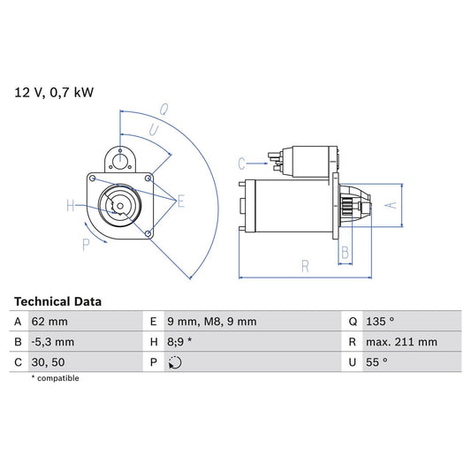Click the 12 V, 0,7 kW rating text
pos(53,91)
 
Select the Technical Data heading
pos(58,301)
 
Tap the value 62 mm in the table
pos(50,322)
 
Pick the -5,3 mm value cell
pos(54,342)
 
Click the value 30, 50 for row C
pos(49,362)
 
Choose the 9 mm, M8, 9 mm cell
pos(212,322)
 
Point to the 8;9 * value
pos(181,342)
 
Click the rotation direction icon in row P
pos(175,362)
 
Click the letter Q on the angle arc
pos(164,110)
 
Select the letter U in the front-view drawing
pos(155,129)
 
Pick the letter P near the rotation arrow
pos(86,244)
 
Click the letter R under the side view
pos(303,264)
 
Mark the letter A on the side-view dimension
pos(394,204)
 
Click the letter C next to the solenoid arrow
pos(241,163)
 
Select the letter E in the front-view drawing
pos(181,202)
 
